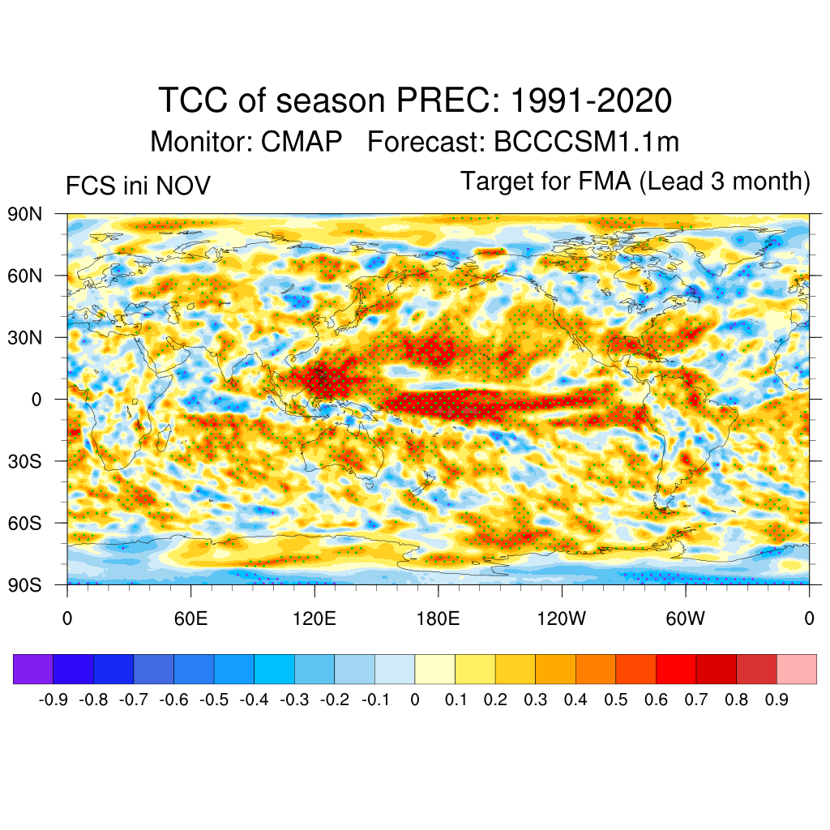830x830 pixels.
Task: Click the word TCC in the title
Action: (x=195, y=101)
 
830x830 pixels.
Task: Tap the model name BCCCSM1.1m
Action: (x=586, y=142)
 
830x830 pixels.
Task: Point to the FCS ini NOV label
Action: (x=138, y=186)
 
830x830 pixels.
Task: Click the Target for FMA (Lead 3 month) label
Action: (x=635, y=182)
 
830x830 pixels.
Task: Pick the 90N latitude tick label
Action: (x=27, y=215)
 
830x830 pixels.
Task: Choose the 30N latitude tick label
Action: (x=27, y=337)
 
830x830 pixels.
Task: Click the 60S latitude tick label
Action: (x=27, y=523)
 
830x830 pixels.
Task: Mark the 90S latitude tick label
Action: (x=27, y=584)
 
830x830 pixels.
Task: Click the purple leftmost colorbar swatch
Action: (x=33, y=669)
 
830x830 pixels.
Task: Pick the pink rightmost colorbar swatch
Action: (x=796, y=669)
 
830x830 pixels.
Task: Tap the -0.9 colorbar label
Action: (x=53, y=700)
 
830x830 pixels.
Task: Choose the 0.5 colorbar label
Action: (x=616, y=700)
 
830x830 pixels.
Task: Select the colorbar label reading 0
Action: (x=415, y=700)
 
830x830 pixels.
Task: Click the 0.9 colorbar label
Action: (x=777, y=700)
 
